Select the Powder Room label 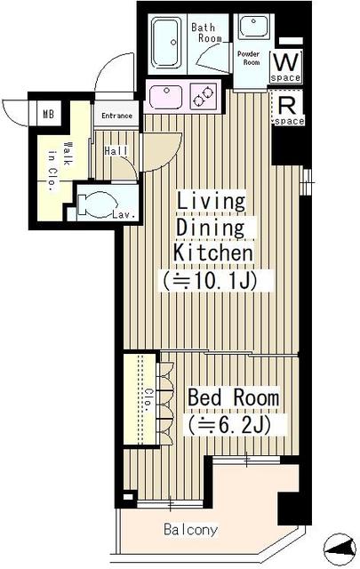(x=249, y=58)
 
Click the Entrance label (x=116, y=116)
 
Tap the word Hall (x=116, y=151)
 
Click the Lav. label (x=123, y=214)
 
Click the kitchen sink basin (x=165, y=94)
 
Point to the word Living (x=210, y=202)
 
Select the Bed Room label (x=233, y=397)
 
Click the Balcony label (x=190, y=530)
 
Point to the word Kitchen (x=213, y=253)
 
